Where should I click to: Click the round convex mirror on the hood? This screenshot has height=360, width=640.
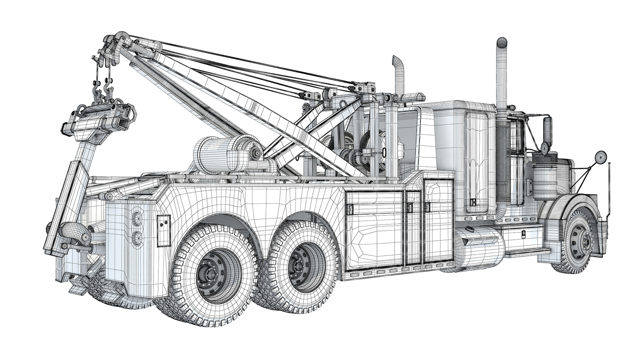pyautogui.click(x=601, y=156)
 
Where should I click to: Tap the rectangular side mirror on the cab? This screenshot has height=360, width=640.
pyautogui.click(x=548, y=129)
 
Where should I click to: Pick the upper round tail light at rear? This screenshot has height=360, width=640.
pyautogui.click(x=137, y=219)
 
